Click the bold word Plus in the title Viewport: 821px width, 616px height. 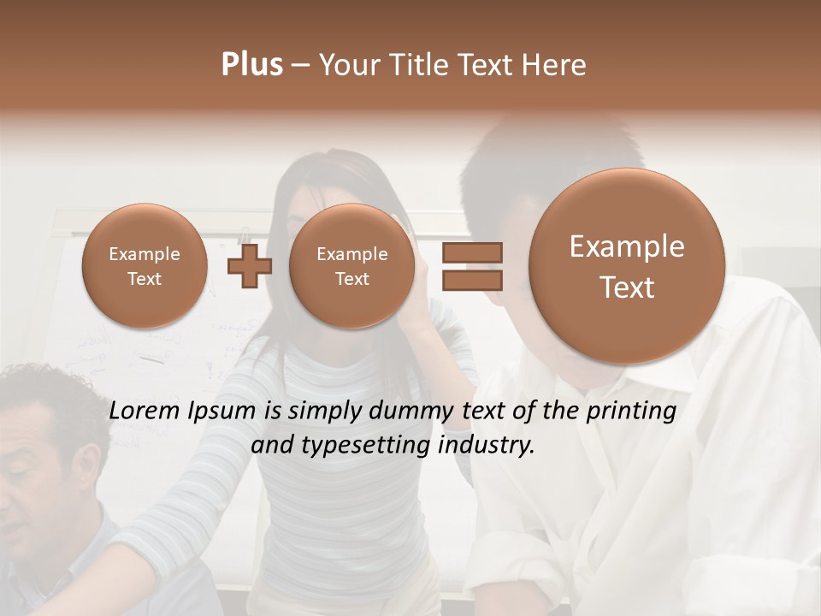pos(251,65)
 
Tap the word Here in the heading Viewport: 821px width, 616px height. pos(556,65)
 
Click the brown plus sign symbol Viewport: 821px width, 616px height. pos(249,265)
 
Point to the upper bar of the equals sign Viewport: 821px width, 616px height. pos(471,252)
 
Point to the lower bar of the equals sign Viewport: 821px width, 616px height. pos(471,280)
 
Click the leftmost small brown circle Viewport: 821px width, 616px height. pos(144,265)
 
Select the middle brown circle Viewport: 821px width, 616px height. pos(351,265)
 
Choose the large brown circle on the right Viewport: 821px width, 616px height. pos(627,265)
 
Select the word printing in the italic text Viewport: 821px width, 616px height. pos(630,412)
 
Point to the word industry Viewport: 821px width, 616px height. pos(486,446)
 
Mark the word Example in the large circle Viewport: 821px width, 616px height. pos(627,246)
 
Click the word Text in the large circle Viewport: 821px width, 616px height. pos(627,287)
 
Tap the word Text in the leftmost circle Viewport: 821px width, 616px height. pos(144,279)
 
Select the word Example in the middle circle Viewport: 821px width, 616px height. pos(351,254)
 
